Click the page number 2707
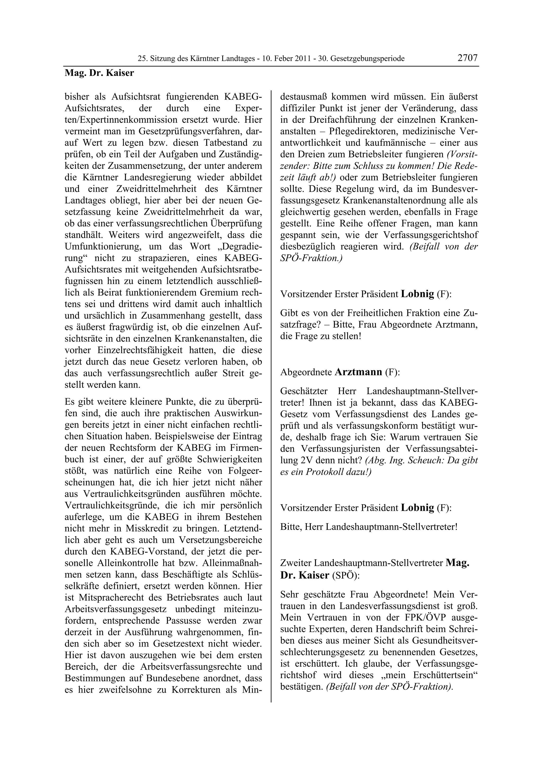click(468, 58)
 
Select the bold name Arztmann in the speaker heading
click(358, 372)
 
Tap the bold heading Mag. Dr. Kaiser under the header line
click(99, 73)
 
